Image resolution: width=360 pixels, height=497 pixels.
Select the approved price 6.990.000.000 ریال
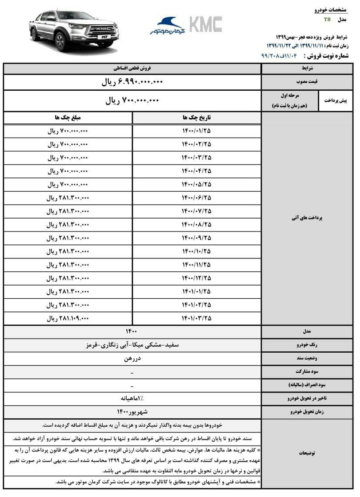(133, 82)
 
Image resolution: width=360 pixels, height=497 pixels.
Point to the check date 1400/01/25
(197, 131)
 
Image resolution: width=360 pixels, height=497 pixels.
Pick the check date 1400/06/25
(197, 197)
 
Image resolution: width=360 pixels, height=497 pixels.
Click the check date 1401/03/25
(197, 318)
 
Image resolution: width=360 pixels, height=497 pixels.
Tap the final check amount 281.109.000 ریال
(68, 318)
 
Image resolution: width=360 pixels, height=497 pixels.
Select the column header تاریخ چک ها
(197, 118)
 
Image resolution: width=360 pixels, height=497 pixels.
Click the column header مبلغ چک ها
(69, 118)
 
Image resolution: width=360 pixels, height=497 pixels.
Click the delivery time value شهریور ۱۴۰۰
(133, 412)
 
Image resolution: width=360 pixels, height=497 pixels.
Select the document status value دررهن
(133, 359)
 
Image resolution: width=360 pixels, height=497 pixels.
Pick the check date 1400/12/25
(197, 278)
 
